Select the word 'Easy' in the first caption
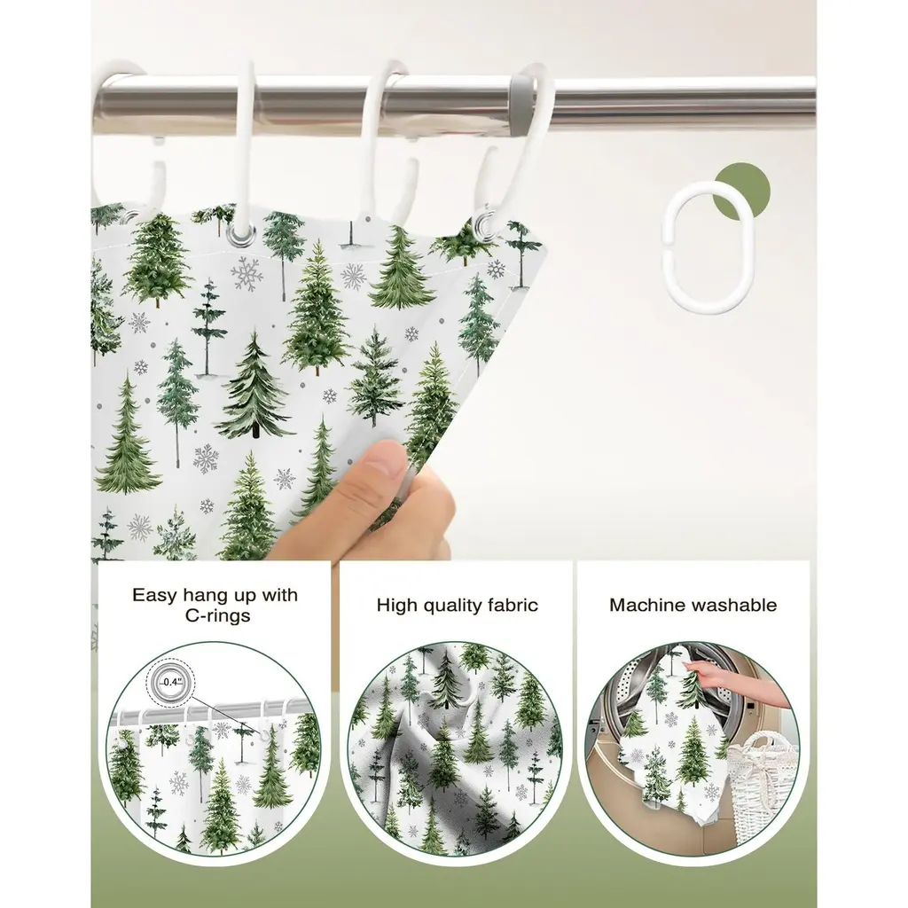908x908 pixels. [x=154, y=595]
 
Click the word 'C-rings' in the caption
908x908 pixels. [x=218, y=615]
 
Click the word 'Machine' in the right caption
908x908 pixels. [x=647, y=605]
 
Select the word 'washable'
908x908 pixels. [x=734, y=605]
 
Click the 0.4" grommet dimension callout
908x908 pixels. [x=171, y=682]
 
